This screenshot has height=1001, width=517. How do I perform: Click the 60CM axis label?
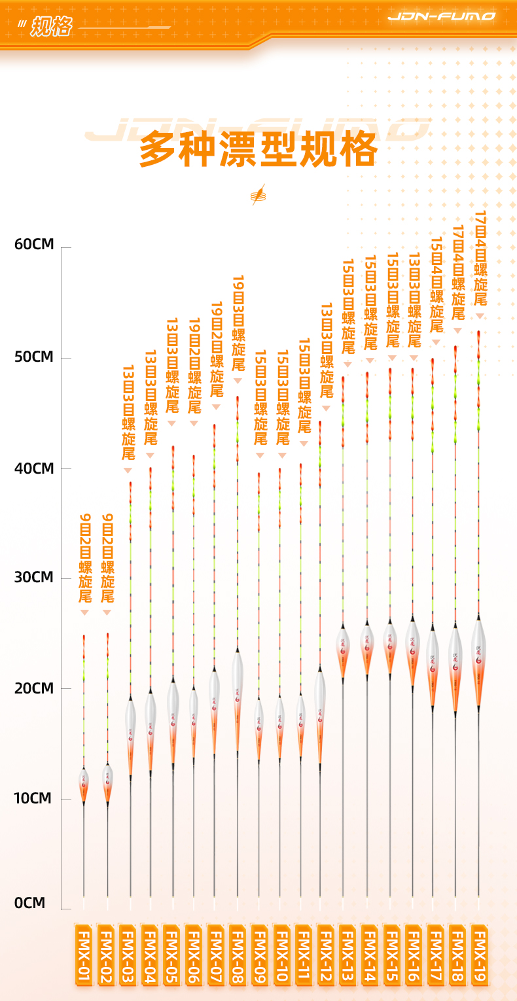34,245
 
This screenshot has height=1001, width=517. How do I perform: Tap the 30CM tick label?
34,578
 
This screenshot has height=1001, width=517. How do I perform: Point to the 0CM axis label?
30,903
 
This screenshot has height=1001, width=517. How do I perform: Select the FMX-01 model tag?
84,955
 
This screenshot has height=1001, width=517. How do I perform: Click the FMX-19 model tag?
479,955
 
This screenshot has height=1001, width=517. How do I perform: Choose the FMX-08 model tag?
238,955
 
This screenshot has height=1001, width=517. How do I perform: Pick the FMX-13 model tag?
347,955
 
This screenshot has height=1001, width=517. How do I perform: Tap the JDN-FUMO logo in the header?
441,16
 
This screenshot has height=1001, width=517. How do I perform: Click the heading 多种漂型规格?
258,150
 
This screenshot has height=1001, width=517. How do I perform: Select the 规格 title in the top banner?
50,26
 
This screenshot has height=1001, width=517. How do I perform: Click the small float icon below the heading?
258,194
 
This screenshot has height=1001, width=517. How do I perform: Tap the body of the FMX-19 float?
478,661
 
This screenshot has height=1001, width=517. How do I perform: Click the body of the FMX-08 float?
238,697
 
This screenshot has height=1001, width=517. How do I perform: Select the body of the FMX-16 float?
412,651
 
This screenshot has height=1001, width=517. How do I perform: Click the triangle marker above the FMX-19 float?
479,316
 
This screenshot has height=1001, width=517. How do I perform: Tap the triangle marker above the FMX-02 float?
107,612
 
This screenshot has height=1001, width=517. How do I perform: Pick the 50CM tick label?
34,357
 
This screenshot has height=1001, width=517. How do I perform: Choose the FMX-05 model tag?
171,955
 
